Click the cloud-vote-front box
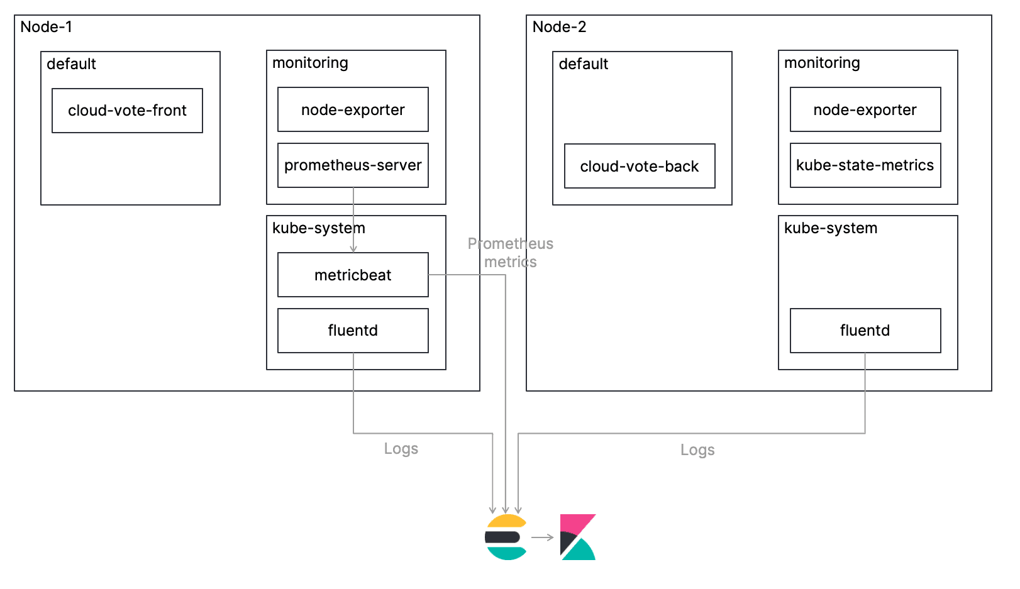(x=127, y=111)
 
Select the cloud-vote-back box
(x=639, y=166)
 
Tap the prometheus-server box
(x=353, y=165)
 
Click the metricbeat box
(x=353, y=275)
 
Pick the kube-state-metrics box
(x=865, y=165)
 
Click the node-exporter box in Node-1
(x=353, y=110)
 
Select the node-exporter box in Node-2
(x=865, y=110)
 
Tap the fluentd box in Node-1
(x=353, y=331)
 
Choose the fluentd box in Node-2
(x=865, y=331)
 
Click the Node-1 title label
(x=46, y=27)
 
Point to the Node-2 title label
(x=559, y=27)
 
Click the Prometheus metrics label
(x=510, y=253)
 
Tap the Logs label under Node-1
(x=401, y=449)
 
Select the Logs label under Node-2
(x=697, y=450)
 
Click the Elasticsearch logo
(x=506, y=537)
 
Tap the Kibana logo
(x=577, y=537)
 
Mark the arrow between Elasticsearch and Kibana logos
(x=542, y=537)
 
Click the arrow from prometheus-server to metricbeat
(x=353, y=220)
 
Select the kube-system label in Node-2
(x=830, y=228)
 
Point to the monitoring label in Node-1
(x=310, y=63)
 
